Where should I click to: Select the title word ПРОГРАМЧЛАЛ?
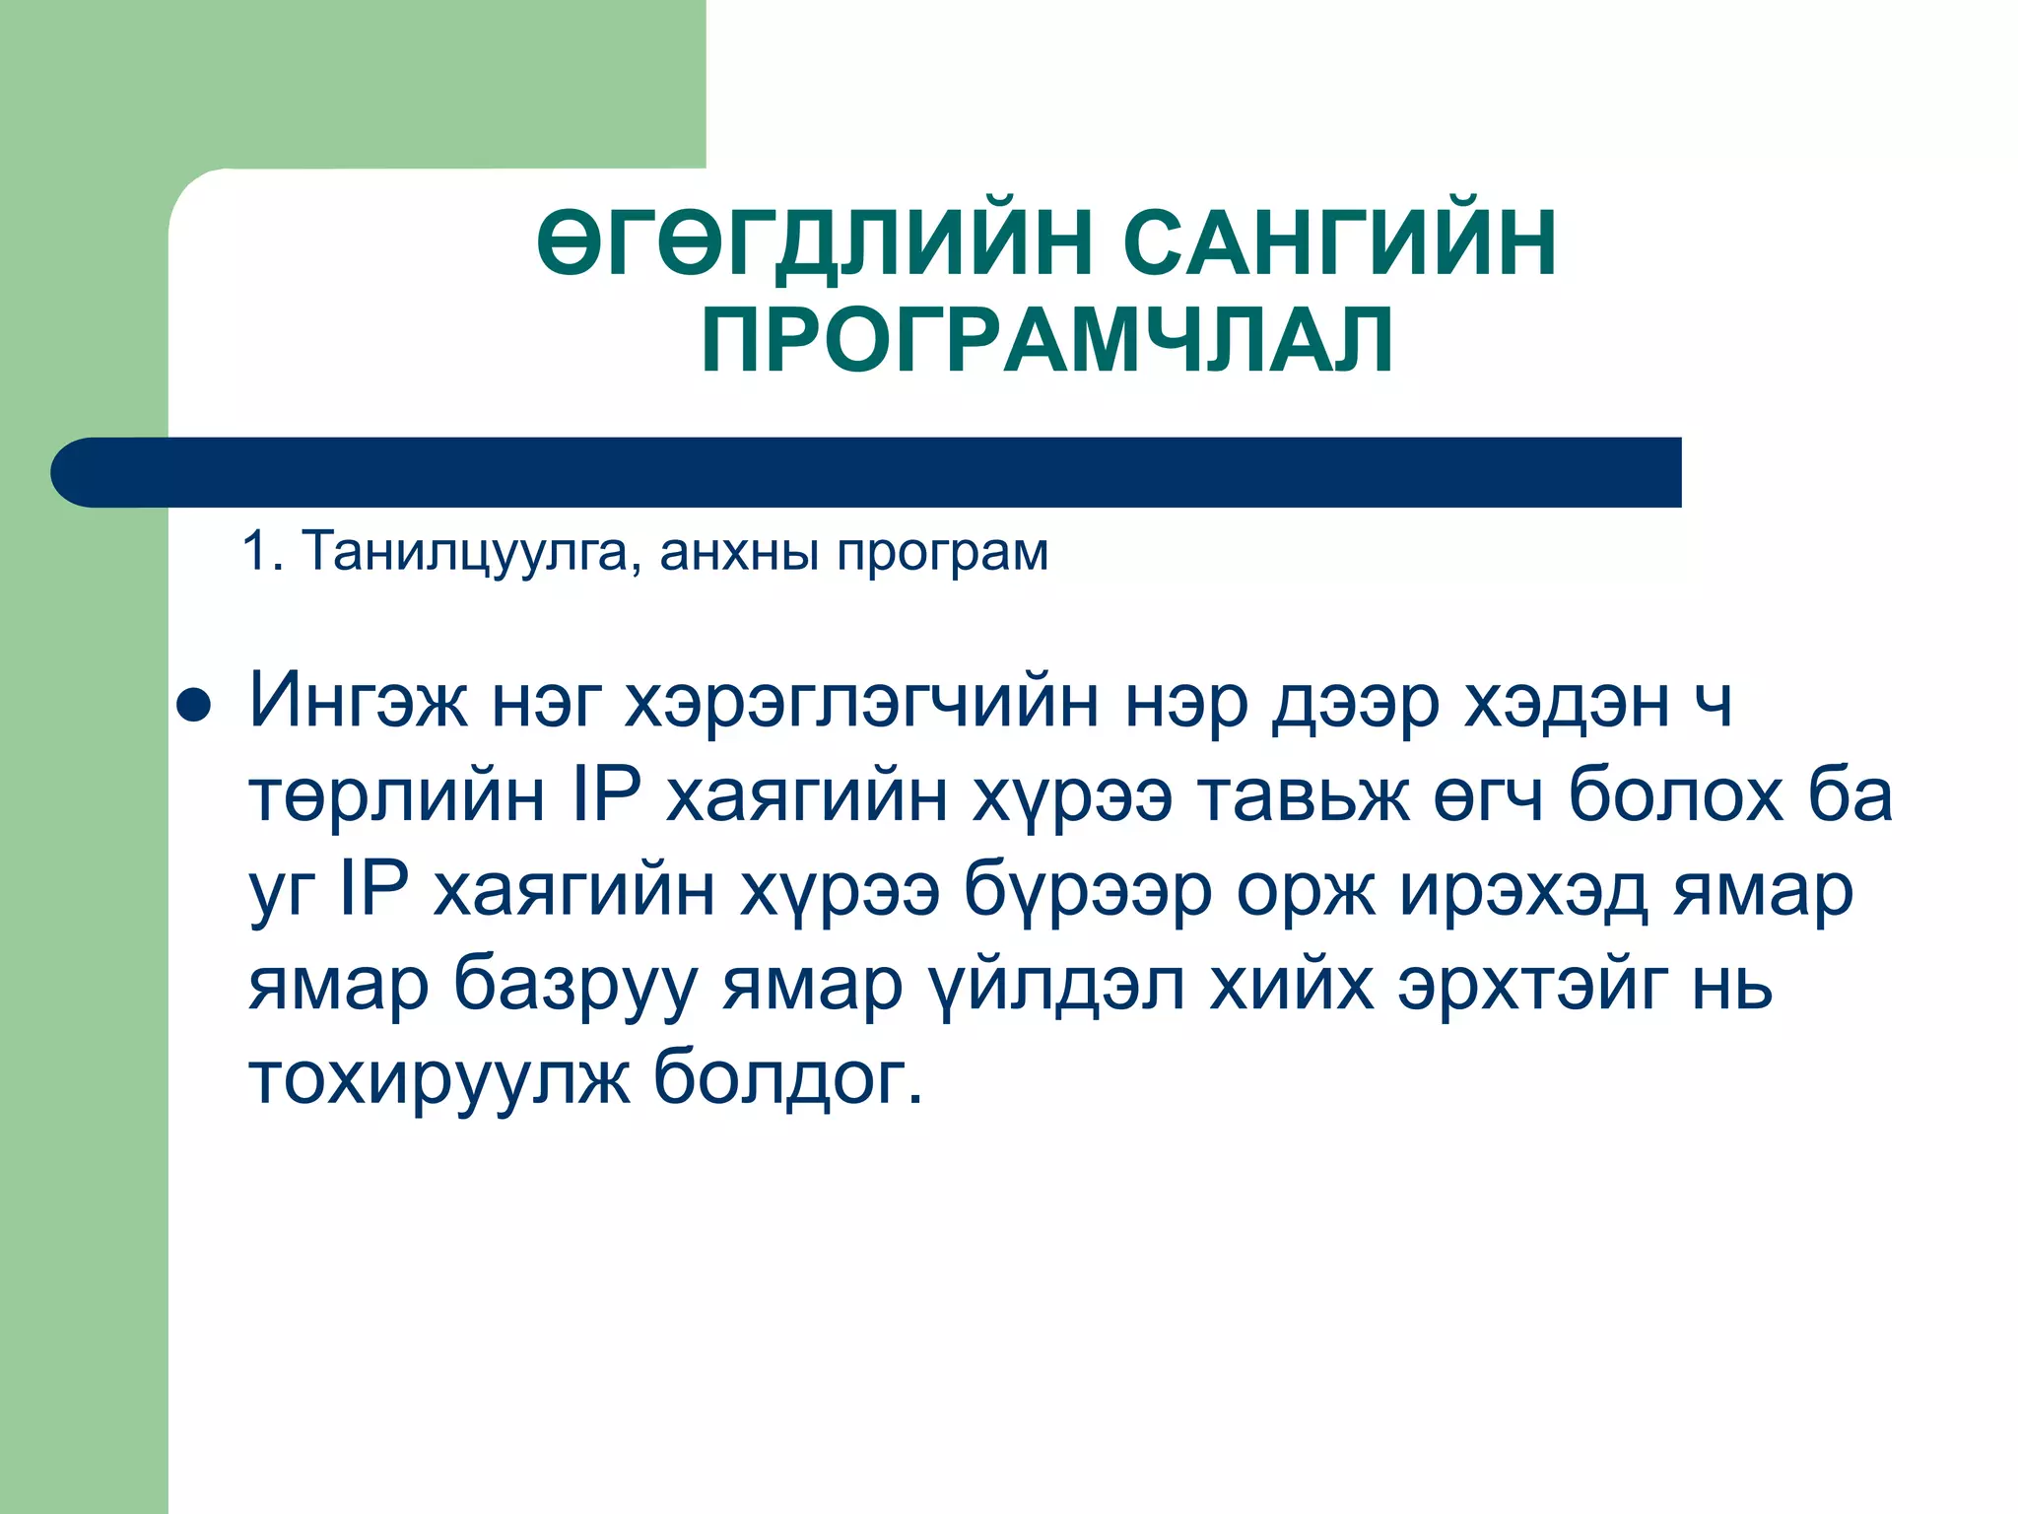[x=1047, y=340]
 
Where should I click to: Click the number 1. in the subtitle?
[x=262, y=551]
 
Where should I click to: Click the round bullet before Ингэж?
[x=194, y=707]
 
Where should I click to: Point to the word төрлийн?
[x=396, y=796]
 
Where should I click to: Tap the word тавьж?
[x=1305, y=796]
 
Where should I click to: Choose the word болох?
[x=1675, y=796]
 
